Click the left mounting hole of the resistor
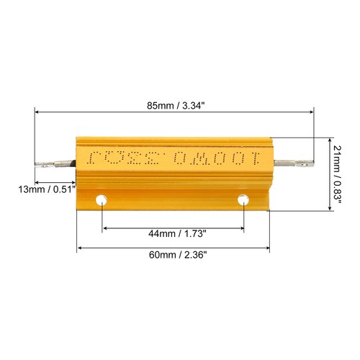pyautogui.click(x=103, y=199)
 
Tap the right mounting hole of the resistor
pyautogui.click(x=244, y=199)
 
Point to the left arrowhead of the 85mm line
pyautogui.click(x=37, y=112)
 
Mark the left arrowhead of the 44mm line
pyautogui.click(x=106, y=228)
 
